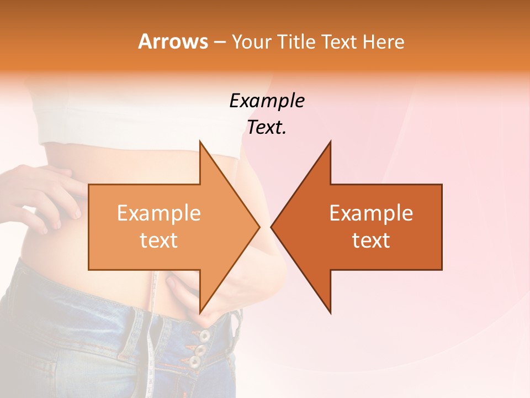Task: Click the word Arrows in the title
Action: click(x=173, y=41)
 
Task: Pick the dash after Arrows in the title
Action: click(x=219, y=43)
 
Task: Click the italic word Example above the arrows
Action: click(x=267, y=101)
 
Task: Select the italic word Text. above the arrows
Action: click(x=267, y=128)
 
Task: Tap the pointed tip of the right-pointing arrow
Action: click(x=258, y=227)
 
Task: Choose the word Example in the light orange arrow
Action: click(x=158, y=213)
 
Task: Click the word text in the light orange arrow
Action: click(x=158, y=240)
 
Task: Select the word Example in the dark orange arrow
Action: click(x=371, y=213)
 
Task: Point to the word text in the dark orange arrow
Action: click(x=371, y=240)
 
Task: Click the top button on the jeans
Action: click(x=205, y=335)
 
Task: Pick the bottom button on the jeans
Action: click(x=195, y=362)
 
